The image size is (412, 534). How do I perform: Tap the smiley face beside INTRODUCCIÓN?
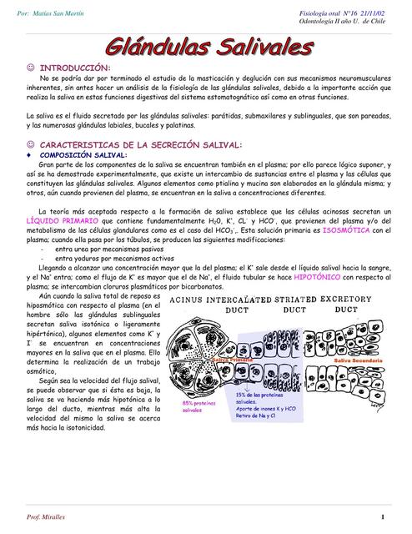pos(31,67)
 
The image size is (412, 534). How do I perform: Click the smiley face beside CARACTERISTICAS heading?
pos(31,144)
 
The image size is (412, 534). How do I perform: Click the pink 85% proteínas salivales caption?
pos(192,406)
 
